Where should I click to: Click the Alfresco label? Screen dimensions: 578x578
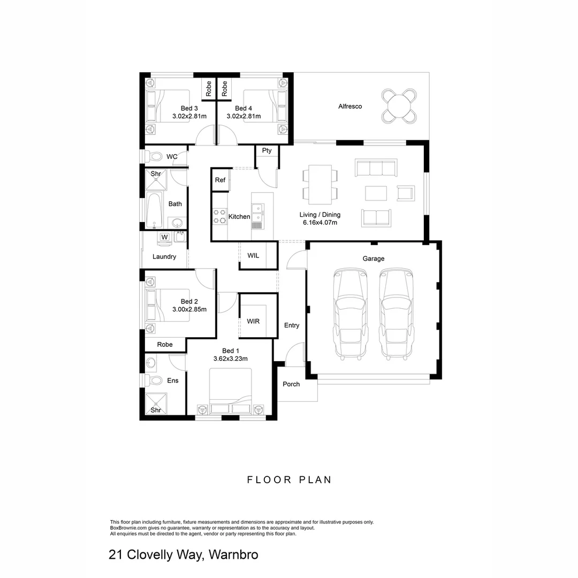pyautogui.click(x=350, y=107)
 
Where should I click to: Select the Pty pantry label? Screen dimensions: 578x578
pyautogui.click(x=267, y=150)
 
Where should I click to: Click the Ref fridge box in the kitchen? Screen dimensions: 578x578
pyautogui.click(x=220, y=180)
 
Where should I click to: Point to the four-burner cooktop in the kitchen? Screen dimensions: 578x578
pyautogui.click(x=219, y=216)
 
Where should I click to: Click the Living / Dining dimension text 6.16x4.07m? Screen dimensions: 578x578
pyautogui.click(x=320, y=223)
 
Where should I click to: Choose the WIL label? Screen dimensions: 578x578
pyautogui.click(x=253, y=255)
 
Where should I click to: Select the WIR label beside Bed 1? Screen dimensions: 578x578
pyautogui.click(x=253, y=321)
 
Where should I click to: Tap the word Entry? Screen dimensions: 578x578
pyautogui.click(x=292, y=325)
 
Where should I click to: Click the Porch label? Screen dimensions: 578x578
pyautogui.click(x=291, y=384)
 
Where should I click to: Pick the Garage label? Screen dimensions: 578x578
pyautogui.click(x=374, y=258)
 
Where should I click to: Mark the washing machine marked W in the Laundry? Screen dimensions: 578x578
pyautogui.click(x=164, y=237)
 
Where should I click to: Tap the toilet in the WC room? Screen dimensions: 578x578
pyautogui.click(x=156, y=157)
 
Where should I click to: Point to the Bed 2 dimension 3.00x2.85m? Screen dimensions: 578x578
pyautogui.click(x=189, y=309)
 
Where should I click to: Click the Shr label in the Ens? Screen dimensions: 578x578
pyautogui.click(x=156, y=410)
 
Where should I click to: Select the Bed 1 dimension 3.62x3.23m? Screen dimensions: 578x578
pyautogui.click(x=230, y=359)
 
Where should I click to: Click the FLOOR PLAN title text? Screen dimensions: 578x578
pyautogui.click(x=289, y=480)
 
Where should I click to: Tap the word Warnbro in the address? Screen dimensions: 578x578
pyautogui.click(x=233, y=554)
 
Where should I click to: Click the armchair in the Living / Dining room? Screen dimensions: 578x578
pyautogui.click(x=405, y=193)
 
